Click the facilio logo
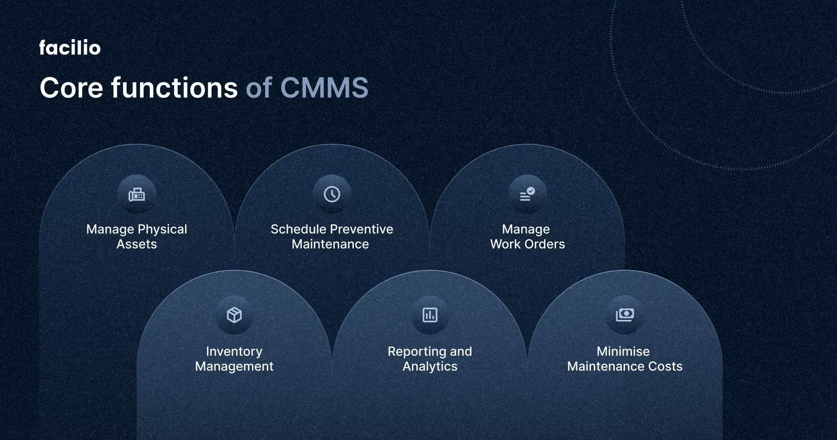click(x=70, y=48)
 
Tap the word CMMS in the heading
click(x=324, y=88)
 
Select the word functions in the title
click(x=174, y=88)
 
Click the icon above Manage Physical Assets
click(x=137, y=194)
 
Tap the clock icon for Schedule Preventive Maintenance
click(x=332, y=194)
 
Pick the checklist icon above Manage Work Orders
click(x=527, y=194)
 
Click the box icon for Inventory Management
click(x=234, y=315)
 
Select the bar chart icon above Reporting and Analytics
click(x=430, y=315)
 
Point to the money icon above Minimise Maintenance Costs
click(x=625, y=315)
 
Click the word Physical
click(x=162, y=230)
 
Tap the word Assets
click(x=137, y=244)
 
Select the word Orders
click(x=544, y=244)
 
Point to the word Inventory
click(x=234, y=352)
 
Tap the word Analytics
click(x=430, y=367)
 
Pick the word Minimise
click(x=623, y=352)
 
